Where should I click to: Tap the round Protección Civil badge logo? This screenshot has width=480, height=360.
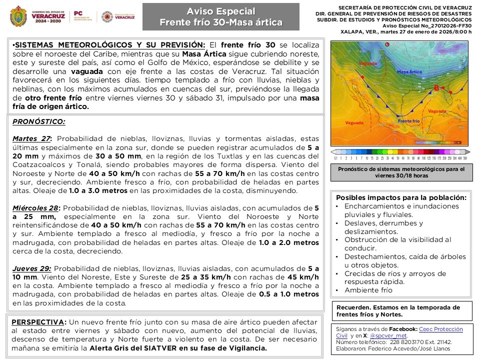pyautogui.click(x=106, y=16)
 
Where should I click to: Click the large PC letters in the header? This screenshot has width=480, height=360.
pyautogui.click(x=78, y=14)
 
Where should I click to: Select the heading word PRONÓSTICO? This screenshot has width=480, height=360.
pyautogui.click(x=38, y=121)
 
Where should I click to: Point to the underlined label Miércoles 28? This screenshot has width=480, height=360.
pyautogui.click(x=36, y=207)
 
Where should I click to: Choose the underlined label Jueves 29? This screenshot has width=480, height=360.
pyautogui.click(x=31, y=268)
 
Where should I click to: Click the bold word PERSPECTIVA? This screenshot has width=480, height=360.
pyautogui.click(x=37, y=321)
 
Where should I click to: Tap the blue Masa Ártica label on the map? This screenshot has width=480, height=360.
pyautogui.click(x=408, y=72)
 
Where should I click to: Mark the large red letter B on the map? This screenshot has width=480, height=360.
pyautogui.click(x=436, y=88)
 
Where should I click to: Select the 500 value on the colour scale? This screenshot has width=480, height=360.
pyautogui.click(x=465, y=158)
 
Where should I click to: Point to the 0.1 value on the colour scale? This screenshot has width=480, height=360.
pyautogui.click(x=335, y=158)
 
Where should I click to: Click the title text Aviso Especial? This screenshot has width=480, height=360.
pyautogui.click(x=220, y=11)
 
